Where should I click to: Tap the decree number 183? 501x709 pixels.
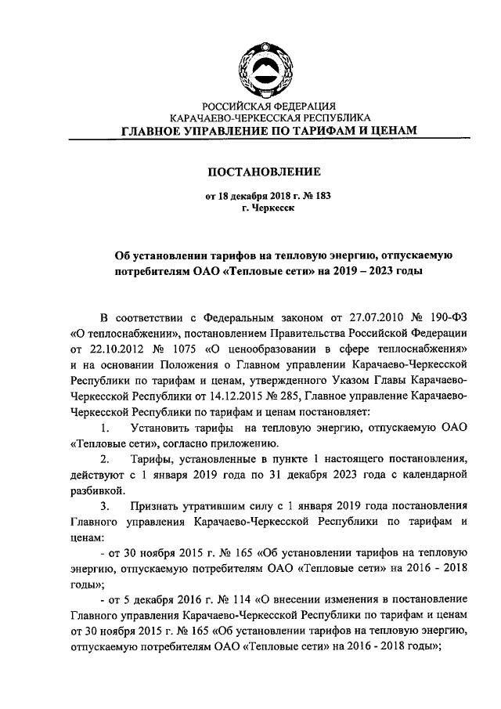point(312,197)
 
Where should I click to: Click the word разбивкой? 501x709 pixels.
point(98,490)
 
